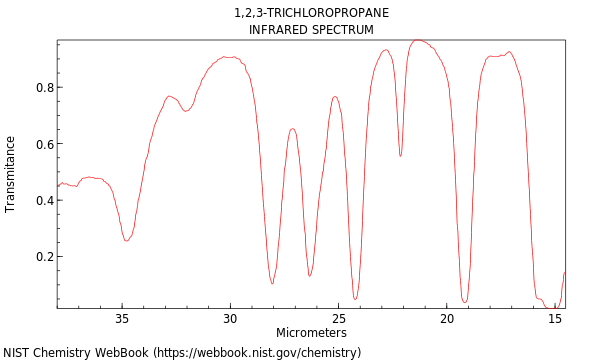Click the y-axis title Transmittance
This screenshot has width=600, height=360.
(11, 174)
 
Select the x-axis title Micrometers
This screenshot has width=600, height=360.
(311, 333)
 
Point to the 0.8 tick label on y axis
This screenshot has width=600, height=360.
(44, 88)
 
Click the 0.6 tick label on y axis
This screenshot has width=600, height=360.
(44, 144)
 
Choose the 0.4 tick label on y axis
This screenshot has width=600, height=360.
(44, 200)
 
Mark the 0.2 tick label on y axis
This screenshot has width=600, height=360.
(44, 257)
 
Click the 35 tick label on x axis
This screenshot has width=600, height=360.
(122, 319)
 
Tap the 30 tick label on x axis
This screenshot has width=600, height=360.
(230, 319)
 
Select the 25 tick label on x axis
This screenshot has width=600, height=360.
(339, 319)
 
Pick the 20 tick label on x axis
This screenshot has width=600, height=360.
(447, 319)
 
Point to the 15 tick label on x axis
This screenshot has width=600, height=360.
(555, 319)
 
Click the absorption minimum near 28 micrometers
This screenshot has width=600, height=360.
(272, 283)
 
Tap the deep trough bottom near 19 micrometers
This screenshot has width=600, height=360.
(465, 301)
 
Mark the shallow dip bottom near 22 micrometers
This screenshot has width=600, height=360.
(400, 156)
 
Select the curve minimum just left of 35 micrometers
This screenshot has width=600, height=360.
(126, 240)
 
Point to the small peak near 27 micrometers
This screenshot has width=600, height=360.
(292, 128)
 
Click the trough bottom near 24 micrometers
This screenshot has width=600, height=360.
(355, 298)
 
